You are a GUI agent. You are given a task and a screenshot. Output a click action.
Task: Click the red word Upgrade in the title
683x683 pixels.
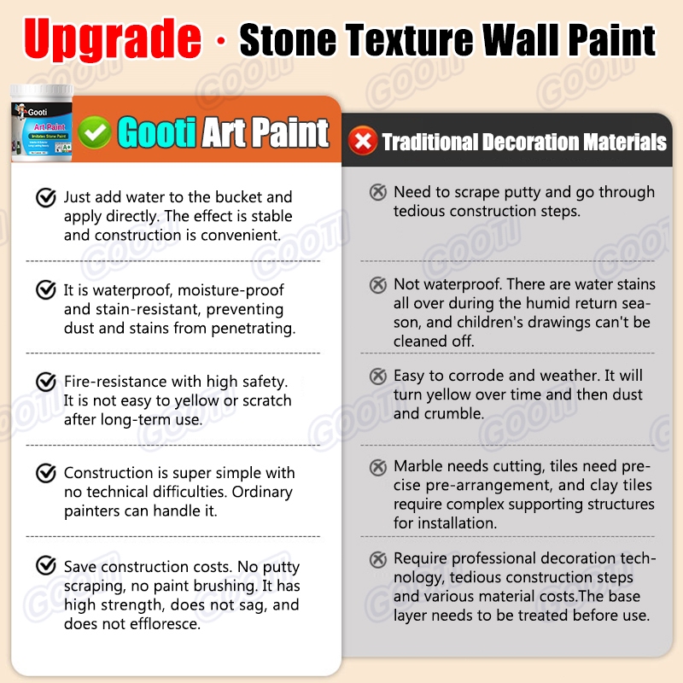tap(113, 39)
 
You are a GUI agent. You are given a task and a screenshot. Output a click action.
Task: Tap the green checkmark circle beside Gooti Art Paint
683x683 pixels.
tap(95, 132)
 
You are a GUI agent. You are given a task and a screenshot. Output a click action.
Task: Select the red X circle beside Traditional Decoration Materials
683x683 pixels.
tap(362, 140)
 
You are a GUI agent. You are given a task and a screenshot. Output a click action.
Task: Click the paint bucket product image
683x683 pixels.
tap(42, 123)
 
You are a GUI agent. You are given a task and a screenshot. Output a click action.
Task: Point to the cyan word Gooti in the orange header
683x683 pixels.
tap(157, 132)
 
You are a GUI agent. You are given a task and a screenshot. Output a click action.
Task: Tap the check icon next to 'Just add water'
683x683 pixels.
tap(46, 197)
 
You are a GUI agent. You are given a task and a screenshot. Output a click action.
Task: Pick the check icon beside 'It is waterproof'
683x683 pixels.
tap(46, 289)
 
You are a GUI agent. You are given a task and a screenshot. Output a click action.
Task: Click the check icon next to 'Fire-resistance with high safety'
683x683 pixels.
tap(46, 382)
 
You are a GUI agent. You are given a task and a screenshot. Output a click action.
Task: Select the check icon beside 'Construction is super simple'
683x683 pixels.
tap(46, 473)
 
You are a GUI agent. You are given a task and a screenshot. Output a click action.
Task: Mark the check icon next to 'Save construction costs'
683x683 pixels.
tap(46, 565)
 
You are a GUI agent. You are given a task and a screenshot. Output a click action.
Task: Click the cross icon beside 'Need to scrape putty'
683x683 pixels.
tap(378, 191)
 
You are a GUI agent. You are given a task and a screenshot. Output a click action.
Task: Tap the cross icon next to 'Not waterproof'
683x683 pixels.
tap(378, 284)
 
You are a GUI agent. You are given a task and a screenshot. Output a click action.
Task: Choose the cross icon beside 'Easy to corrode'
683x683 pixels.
tap(378, 376)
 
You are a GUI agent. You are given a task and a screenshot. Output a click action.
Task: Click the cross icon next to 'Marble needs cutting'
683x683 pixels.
tap(378, 467)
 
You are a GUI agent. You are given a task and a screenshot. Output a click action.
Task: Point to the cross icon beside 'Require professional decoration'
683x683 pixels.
tap(378, 559)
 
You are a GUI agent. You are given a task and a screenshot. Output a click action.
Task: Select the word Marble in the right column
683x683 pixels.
tap(418, 466)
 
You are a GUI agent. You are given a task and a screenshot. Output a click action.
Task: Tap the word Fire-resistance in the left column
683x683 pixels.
tap(115, 382)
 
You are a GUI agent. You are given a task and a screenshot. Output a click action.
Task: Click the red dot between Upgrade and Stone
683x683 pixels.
tap(221, 41)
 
